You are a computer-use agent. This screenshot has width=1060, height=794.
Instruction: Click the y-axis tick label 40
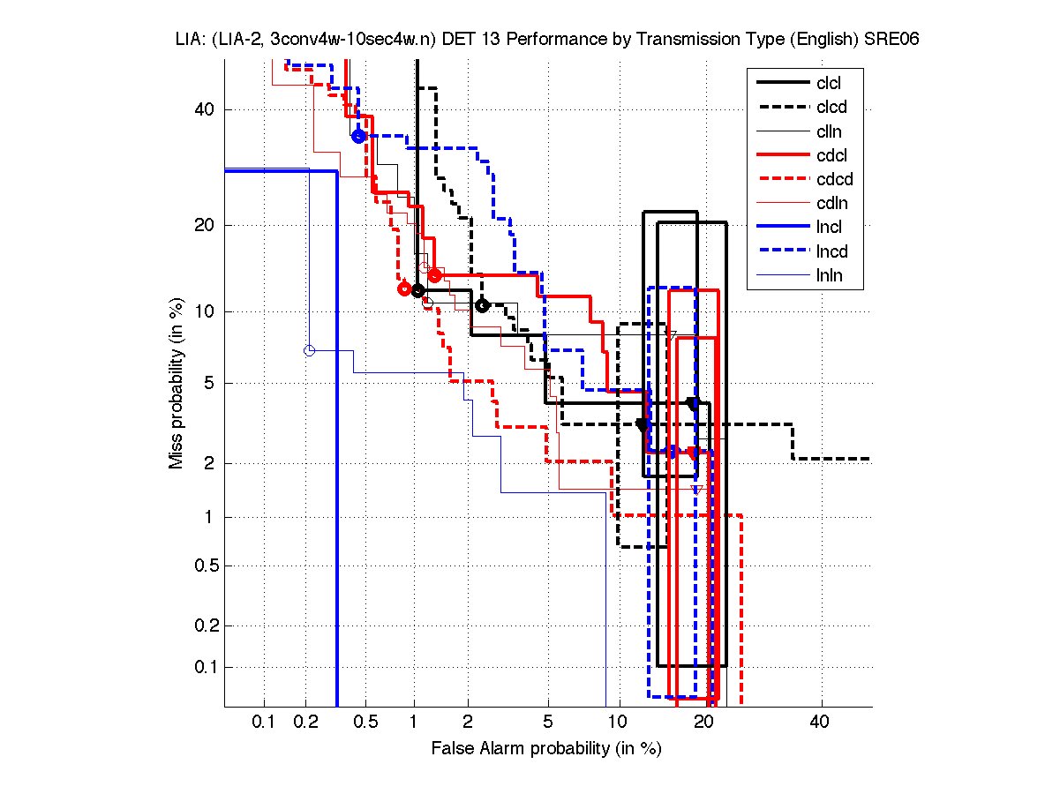[x=206, y=109]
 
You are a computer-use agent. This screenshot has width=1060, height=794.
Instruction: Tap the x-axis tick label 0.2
[x=305, y=723]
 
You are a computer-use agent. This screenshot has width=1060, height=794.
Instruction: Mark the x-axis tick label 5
[x=547, y=723]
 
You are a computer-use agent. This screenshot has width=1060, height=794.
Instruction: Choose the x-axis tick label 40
[x=820, y=723]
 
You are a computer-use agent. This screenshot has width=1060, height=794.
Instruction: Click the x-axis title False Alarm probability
[x=545, y=749]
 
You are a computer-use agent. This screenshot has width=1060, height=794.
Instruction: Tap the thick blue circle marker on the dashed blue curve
[x=358, y=136]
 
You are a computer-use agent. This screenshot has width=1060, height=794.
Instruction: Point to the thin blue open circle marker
[x=309, y=350]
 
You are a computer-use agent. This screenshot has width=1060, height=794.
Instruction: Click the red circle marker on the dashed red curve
[x=404, y=288]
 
